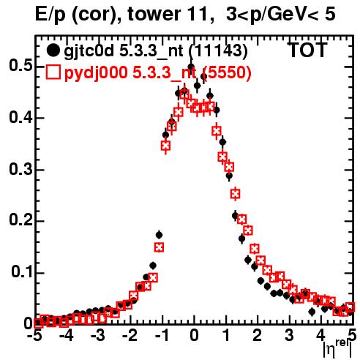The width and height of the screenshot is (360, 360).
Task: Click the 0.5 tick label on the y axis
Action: [x=20, y=66]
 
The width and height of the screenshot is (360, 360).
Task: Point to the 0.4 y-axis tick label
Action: [x=20, y=117]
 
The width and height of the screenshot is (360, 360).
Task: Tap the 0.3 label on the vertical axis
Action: [x=20, y=169]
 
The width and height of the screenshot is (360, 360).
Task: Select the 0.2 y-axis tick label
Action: [x=20, y=220]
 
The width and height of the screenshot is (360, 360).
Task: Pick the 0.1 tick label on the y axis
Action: [x=22, y=272]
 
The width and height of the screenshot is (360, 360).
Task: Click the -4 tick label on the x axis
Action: [x=66, y=336]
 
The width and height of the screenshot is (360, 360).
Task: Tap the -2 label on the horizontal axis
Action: [x=130, y=336]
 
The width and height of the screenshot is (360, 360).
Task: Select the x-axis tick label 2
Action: [x=258, y=336]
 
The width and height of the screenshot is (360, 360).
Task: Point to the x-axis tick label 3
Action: [x=289, y=336]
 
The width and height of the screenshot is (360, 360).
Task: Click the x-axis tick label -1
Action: [x=162, y=336]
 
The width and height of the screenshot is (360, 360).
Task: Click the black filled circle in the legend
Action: [x=53, y=50]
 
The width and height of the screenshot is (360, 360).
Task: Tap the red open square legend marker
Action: [x=53, y=72]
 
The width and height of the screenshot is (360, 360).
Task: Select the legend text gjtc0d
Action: [x=89, y=51]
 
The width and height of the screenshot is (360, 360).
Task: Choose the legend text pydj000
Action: [x=96, y=72]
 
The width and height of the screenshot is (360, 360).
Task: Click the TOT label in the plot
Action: [x=307, y=50]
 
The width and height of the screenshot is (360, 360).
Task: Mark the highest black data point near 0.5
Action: [x=191, y=67]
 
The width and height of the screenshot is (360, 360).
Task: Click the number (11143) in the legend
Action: [x=218, y=51]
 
